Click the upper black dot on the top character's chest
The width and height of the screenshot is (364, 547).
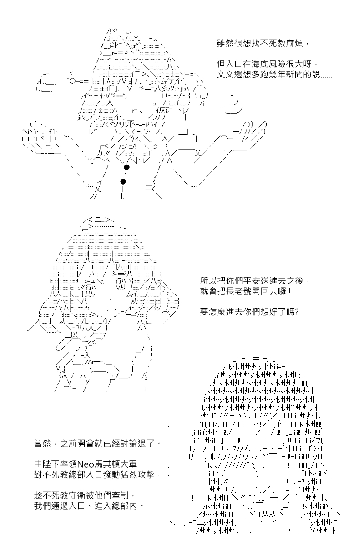(x=127, y=168)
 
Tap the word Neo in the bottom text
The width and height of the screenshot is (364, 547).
(x=86, y=464)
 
